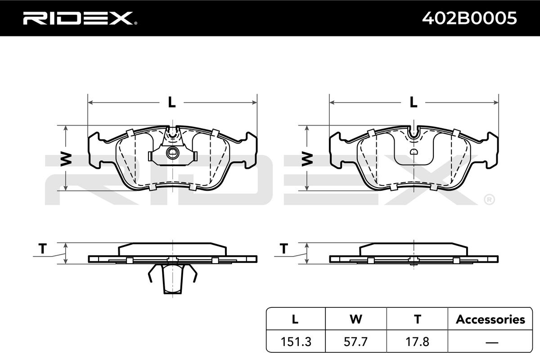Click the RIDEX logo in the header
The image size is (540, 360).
pyautogui.click(x=80, y=18)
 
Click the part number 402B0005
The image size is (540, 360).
pyautogui.click(x=469, y=18)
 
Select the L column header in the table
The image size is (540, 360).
pyautogui.click(x=295, y=319)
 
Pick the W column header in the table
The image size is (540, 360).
pyautogui.click(x=356, y=319)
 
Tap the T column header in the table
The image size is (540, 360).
pyautogui.click(x=418, y=319)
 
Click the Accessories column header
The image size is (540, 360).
pyautogui.click(x=490, y=319)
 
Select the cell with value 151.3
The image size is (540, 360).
pyautogui.click(x=296, y=342)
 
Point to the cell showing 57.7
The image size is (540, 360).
pyautogui.click(x=355, y=342)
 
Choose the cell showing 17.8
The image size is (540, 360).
pyautogui.click(x=417, y=342)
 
